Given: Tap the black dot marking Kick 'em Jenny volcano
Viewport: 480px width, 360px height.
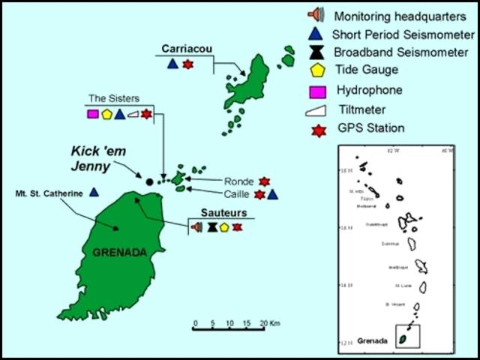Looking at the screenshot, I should tap(148, 181).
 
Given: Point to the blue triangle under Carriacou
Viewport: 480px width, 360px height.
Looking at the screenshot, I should tap(172, 64).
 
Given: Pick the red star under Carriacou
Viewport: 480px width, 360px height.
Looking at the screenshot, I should tap(187, 64).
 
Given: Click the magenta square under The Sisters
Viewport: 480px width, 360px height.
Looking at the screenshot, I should tap(92, 114).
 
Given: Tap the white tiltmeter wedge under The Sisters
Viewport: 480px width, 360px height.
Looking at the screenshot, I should tap(133, 114).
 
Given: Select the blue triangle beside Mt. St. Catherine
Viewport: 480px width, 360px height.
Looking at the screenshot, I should tap(94, 192).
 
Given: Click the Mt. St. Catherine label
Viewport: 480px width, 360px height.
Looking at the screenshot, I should tap(47, 193).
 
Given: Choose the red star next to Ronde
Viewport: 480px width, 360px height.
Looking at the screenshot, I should tap(263, 181).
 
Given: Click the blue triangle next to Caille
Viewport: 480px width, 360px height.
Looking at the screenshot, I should tap(273, 194).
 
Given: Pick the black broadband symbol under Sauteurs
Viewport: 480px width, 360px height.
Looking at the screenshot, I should tap(212, 226).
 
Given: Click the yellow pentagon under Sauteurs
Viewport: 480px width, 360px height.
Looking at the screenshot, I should tap(224, 226).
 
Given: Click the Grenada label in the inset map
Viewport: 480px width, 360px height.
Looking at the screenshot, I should tap(372, 341).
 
